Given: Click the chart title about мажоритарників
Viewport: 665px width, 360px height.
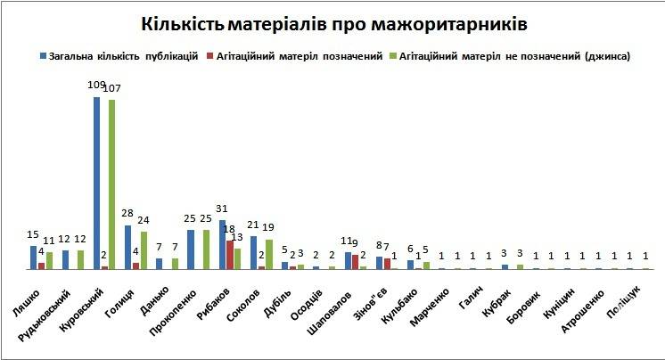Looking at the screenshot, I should tap(332, 20).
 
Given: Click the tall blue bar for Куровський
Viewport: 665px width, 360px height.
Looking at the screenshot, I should tap(96, 183).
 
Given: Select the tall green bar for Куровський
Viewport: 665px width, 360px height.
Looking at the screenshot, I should tap(112, 184).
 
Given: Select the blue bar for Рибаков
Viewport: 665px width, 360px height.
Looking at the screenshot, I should tap(222, 244).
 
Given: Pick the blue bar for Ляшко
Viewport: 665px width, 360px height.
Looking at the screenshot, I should tap(34, 258).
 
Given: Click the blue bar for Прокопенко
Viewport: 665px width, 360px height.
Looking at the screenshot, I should tap(191, 250).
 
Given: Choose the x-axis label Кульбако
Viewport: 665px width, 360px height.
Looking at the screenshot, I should tap(403, 298).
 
